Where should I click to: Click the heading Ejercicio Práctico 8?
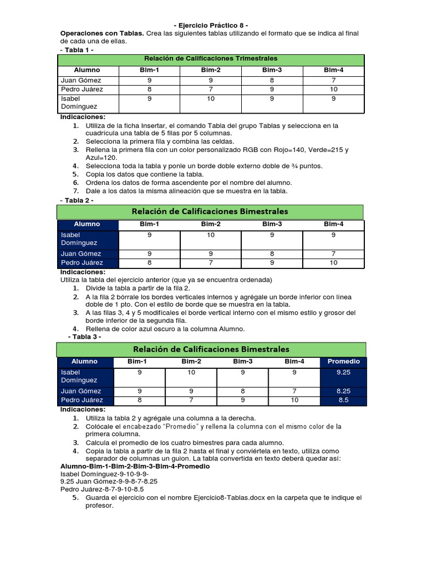[x=211, y=25]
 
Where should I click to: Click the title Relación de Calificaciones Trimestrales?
[x=210, y=58]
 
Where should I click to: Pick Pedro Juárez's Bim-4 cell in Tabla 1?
[x=334, y=89]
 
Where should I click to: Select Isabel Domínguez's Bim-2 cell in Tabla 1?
[x=210, y=99]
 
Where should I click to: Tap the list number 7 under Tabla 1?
[x=75, y=191]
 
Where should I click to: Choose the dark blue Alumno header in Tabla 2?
[x=87, y=224]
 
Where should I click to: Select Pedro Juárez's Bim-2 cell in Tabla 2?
[x=210, y=263]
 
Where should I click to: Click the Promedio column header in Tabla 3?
[x=343, y=362]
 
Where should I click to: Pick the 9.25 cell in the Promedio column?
[x=343, y=372]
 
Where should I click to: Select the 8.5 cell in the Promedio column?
[x=343, y=401]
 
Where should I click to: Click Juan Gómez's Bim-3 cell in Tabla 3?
[x=242, y=391]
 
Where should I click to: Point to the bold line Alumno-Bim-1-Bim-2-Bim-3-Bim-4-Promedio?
[x=135, y=466]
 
